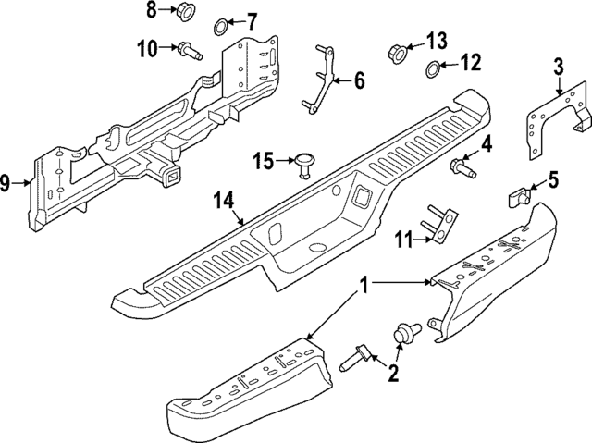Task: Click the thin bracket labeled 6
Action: pos(320,80)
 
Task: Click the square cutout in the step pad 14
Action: pos(359,198)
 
